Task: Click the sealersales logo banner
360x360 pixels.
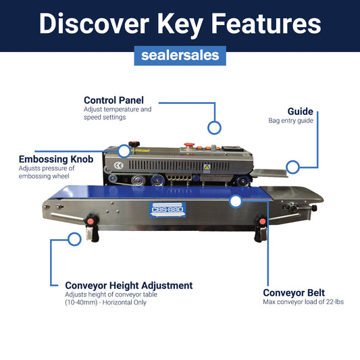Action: (180, 55)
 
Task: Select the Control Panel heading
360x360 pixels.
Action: (113, 100)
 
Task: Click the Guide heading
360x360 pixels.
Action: (300, 111)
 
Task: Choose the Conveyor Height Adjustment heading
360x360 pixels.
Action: (128, 286)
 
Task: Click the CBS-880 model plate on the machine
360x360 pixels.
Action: (168, 209)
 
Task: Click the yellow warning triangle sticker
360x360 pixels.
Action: (207, 167)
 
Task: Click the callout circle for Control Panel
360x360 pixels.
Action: (214, 127)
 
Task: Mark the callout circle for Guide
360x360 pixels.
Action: (292, 166)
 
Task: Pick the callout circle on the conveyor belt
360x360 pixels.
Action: (235, 201)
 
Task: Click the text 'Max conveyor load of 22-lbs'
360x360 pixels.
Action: (303, 302)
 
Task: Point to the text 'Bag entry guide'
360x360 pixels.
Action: (290, 121)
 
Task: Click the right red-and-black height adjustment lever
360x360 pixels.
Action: (260, 228)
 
